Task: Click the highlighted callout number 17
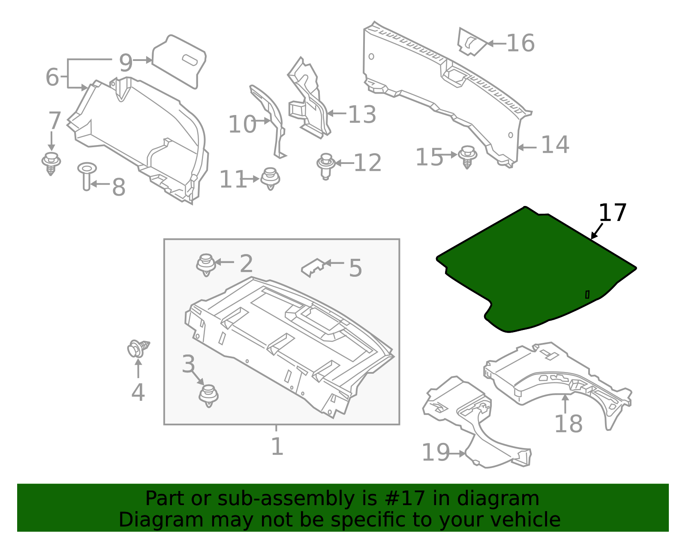[612, 213]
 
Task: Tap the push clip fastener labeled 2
[206, 264]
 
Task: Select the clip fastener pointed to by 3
[209, 395]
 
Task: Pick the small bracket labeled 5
[313, 267]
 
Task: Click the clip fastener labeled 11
[270, 178]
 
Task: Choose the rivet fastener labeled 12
[325, 165]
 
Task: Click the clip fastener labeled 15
[467, 157]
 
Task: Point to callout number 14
[555, 145]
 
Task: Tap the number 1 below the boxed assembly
[277, 447]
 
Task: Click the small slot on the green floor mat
[587, 294]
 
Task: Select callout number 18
[568, 424]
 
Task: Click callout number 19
[436, 453]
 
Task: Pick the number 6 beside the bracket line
[52, 77]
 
